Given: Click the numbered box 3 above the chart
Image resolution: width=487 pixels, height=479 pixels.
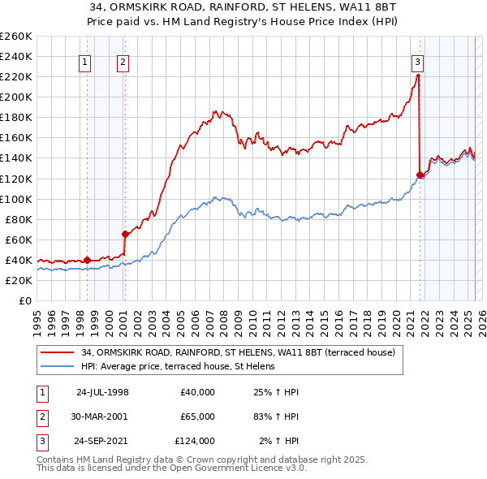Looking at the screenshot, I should click(x=417, y=60).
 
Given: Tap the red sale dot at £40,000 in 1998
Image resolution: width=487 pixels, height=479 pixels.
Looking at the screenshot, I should click(x=87, y=260).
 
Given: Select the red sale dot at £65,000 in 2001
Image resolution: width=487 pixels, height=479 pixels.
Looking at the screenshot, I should click(x=125, y=234).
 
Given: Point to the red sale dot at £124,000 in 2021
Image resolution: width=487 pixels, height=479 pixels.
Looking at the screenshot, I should click(x=420, y=174).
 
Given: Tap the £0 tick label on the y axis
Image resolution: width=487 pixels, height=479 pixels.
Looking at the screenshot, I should click(x=24, y=300).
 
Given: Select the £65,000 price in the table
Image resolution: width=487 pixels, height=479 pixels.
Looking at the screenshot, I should click(x=197, y=416).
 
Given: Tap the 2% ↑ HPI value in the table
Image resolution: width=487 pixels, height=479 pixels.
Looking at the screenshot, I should click(x=280, y=441).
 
